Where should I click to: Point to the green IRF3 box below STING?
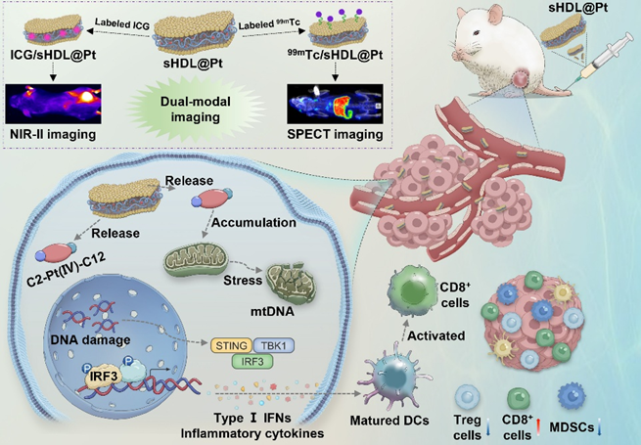tap(252, 363)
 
